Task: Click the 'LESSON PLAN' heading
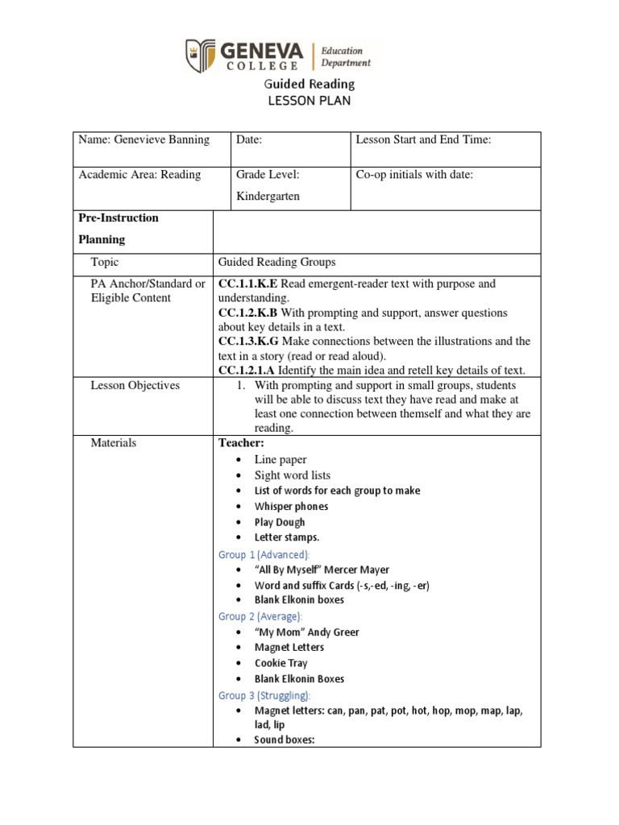coord(309,101)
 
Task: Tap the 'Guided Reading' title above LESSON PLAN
coord(309,84)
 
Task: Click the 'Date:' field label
coord(249,139)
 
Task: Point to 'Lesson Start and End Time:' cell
coord(423,139)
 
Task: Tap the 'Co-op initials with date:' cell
coord(414,175)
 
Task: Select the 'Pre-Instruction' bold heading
coord(118,218)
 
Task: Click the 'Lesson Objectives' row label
coord(135,385)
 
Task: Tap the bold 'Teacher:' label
coord(241,442)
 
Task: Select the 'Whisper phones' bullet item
coord(291,506)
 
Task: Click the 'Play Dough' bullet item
coord(280,522)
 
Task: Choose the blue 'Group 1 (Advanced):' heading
coord(264,554)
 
